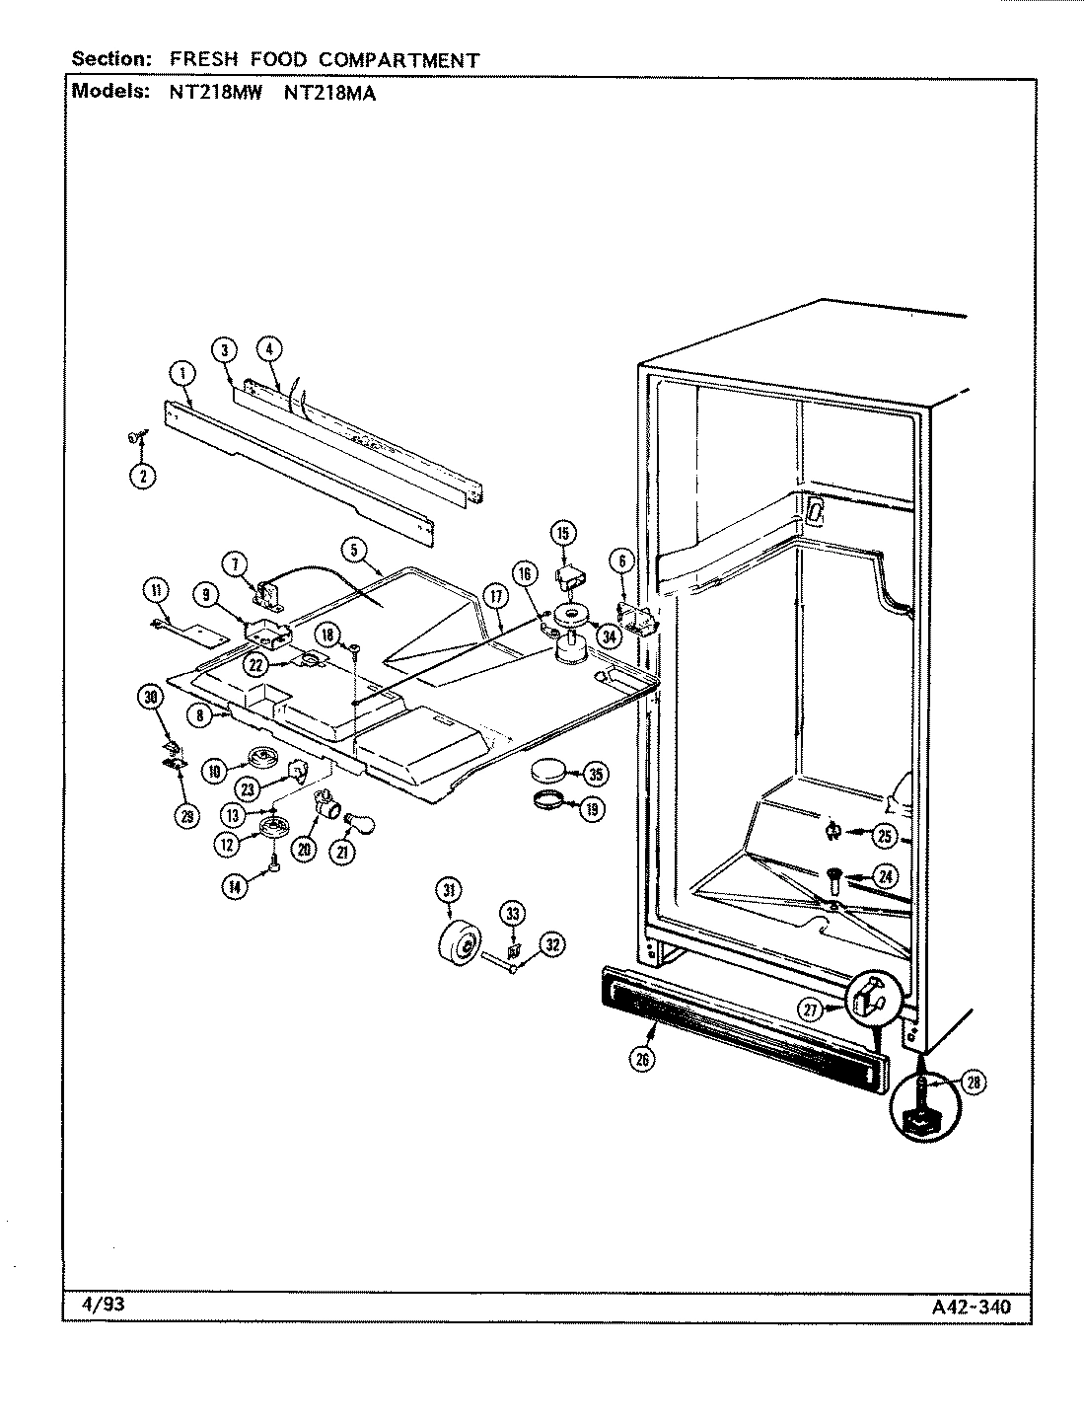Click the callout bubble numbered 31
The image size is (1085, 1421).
tap(449, 891)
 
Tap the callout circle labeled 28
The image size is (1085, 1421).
tap(974, 1084)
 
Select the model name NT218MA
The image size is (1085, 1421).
tap(330, 94)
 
